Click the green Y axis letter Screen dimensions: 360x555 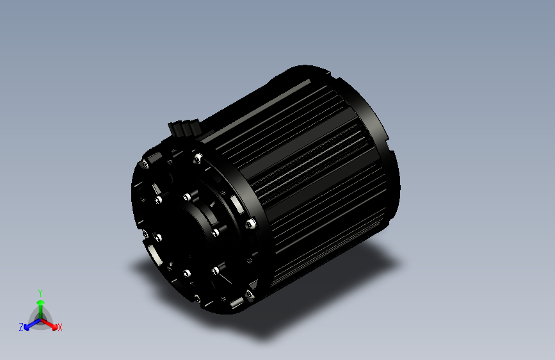click(40, 292)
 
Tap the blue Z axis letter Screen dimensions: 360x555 click(21, 327)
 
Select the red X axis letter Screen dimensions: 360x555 click(60, 327)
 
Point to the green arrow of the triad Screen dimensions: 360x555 click(40, 304)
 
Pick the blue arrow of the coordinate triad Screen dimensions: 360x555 click(29, 324)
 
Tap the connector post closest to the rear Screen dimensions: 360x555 click(190, 124)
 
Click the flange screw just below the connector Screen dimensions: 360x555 click(198, 156)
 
